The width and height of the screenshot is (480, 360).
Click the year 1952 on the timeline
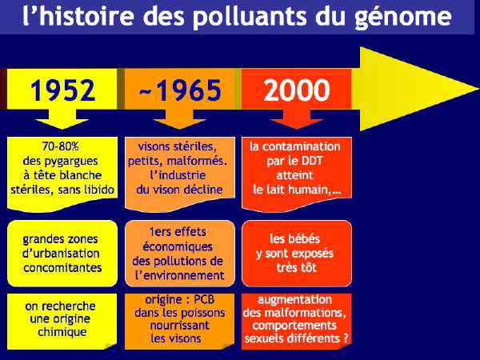(62, 90)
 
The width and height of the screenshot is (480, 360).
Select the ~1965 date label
(180, 90)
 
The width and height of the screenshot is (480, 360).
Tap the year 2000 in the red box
(297, 90)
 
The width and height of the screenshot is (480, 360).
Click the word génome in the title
(403, 16)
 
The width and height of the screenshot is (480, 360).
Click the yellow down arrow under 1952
(62, 119)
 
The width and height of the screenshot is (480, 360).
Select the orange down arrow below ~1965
(180, 119)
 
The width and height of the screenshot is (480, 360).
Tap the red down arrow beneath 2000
(297, 119)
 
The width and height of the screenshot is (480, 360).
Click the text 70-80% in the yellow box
(61, 146)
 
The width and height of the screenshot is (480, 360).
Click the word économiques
(178, 246)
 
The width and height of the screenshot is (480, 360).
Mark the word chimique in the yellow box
(62, 332)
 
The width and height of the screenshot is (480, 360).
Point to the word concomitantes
(62, 268)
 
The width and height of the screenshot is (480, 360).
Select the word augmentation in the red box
(294, 300)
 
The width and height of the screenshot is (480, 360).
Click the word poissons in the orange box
(202, 313)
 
